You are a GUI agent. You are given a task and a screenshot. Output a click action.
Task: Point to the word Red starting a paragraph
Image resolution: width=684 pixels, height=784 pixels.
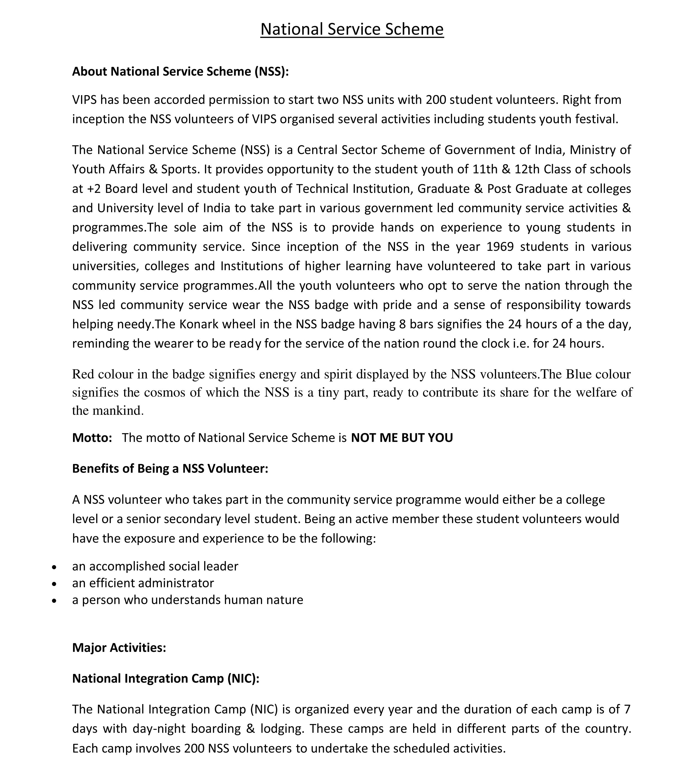[83, 374]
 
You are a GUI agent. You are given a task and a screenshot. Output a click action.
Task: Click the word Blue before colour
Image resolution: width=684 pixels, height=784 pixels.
[578, 374]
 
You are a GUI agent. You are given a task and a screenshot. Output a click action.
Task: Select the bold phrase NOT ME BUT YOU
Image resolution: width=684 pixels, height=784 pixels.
[402, 438]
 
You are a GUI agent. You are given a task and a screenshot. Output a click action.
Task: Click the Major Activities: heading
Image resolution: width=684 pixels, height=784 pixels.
[119, 648]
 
